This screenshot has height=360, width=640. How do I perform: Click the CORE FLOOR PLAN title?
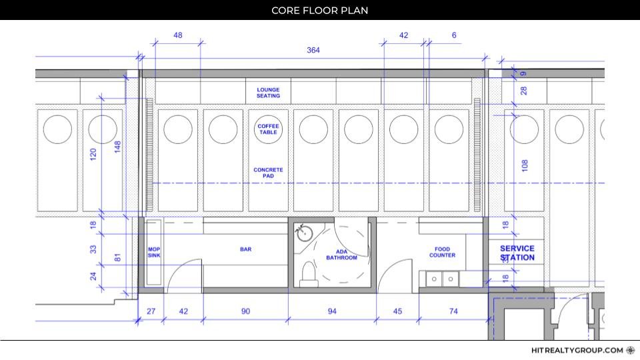(319, 10)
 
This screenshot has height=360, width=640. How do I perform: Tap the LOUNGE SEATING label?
(268, 93)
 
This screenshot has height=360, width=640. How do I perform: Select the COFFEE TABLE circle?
(268, 129)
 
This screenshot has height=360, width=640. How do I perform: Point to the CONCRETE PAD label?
(268, 173)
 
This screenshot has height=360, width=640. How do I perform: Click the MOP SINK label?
(154, 252)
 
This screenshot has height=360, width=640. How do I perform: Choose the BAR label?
(246, 249)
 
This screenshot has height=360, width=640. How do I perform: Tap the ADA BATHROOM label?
(341, 255)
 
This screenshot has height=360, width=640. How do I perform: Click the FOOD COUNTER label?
(442, 252)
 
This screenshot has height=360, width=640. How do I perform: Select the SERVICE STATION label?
(517, 253)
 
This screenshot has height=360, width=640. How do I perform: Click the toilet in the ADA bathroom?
(309, 273)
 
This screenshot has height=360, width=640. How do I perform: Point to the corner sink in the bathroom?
(304, 233)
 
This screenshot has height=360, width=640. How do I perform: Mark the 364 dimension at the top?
(313, 50)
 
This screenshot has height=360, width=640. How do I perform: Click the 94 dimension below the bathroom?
(332, 311)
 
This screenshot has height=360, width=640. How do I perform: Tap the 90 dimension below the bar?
(245, 311)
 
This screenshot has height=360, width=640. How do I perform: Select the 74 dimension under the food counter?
(453, 311)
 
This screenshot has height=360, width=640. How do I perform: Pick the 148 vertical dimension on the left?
(117, 147)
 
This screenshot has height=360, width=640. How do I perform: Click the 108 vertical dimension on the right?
(525, 165)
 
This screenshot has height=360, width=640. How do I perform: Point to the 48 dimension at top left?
(177, 35)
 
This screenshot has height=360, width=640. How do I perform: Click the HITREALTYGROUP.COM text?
(577, 350)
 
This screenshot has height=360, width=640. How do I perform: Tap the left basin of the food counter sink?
(434, 279)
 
